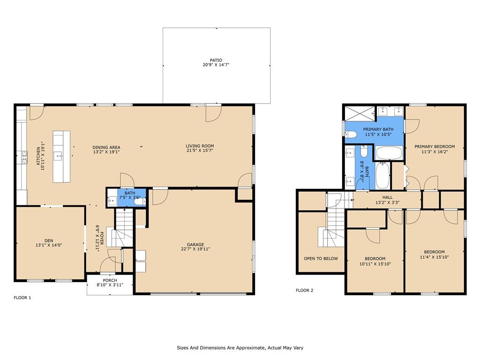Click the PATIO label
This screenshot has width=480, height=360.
pos(216,60)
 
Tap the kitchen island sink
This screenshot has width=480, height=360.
pos(58,157)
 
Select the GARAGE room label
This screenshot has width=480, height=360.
pos(195,245)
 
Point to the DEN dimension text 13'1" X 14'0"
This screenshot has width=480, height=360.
pos(49,245)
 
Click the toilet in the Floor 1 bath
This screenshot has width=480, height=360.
pos(141,201)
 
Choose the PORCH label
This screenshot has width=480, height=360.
pos(110,280)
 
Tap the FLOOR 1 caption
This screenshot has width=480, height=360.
pos(22,298)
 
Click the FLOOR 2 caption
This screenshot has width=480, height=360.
pos(304,290)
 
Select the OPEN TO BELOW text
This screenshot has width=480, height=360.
pos(321,259)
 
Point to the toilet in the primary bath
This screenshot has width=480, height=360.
pos(350,134)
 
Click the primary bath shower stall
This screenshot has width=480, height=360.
pos(360,113)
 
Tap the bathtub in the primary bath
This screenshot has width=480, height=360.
pos(389,153)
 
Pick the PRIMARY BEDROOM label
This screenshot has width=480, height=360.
pos(435,147)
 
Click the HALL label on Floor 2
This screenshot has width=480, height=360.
pos(387,197)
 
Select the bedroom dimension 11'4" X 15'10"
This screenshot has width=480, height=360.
pos(434,257)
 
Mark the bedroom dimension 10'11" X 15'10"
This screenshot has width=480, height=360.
pos(375,264)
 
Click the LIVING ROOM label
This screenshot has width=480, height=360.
pos(200,146)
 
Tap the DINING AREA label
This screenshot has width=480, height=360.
pos(106,148)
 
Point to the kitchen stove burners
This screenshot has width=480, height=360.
pos(24,157)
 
